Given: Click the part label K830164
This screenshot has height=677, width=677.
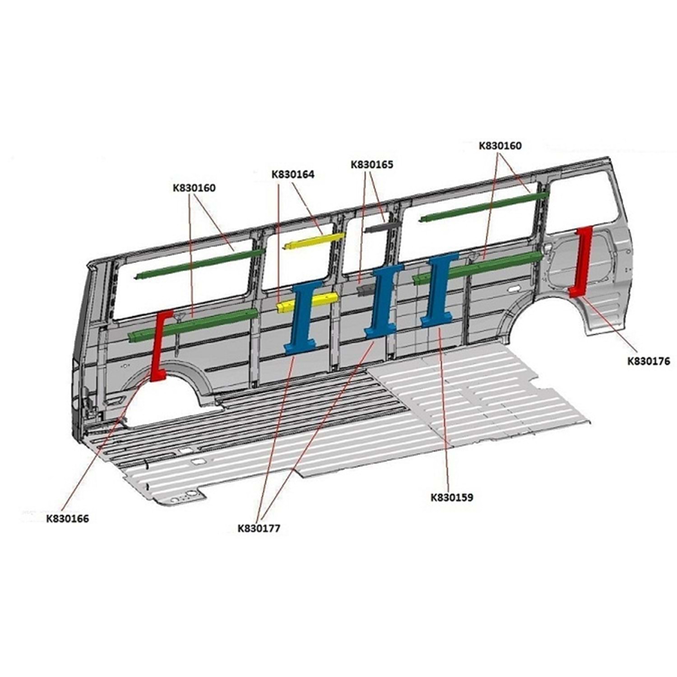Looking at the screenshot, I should click(292, 175).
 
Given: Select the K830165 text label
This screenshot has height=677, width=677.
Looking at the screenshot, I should click(372, 165).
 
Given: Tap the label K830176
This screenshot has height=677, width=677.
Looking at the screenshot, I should click(649, 361).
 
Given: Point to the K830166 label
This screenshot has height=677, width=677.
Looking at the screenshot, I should click(68, 519).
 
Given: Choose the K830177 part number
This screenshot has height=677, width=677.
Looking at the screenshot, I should click(259, 528).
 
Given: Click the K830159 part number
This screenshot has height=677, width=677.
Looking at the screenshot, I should click(452, 498).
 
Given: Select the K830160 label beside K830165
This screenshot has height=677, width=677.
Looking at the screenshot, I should click(500, 146).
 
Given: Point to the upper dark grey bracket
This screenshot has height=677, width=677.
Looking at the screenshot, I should click(382, 226).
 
